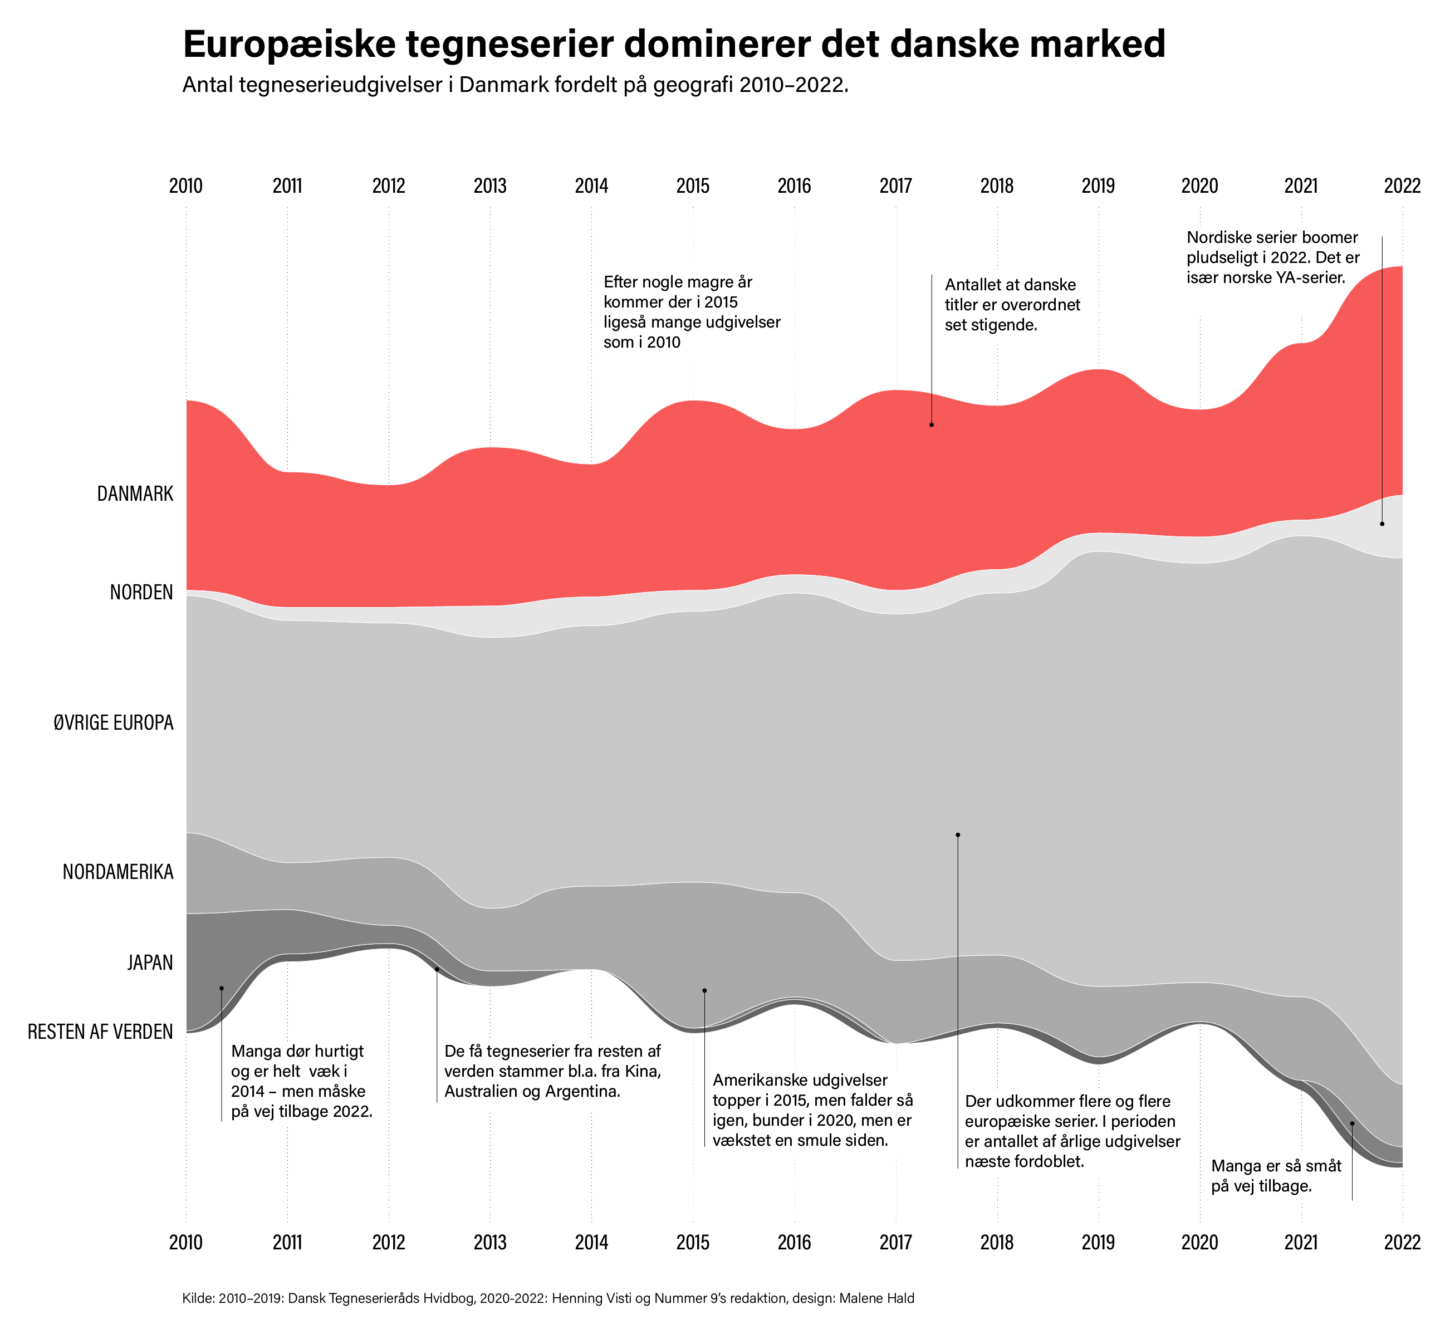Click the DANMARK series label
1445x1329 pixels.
tap(135, 494)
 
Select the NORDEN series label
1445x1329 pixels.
tap(141, 593)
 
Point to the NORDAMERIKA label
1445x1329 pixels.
tap(118, 873)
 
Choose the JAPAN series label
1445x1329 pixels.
tap(150, 963)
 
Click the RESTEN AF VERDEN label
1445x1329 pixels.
tap(101, 1032)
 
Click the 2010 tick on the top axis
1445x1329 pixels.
tap(186, 186)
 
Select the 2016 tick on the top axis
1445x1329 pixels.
tap(795, 186)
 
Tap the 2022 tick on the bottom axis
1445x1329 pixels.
tap(1402, 1242)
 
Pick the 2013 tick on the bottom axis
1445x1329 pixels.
tap(490, 1242)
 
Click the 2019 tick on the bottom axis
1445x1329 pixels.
tap(1099, 1242)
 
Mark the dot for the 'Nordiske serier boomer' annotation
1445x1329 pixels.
tap(1382, 524)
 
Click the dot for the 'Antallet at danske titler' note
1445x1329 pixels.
tap(932, 424)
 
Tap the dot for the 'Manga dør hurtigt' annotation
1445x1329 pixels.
tap(222, 988)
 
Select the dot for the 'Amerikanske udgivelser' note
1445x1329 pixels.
tap(704, 990)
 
